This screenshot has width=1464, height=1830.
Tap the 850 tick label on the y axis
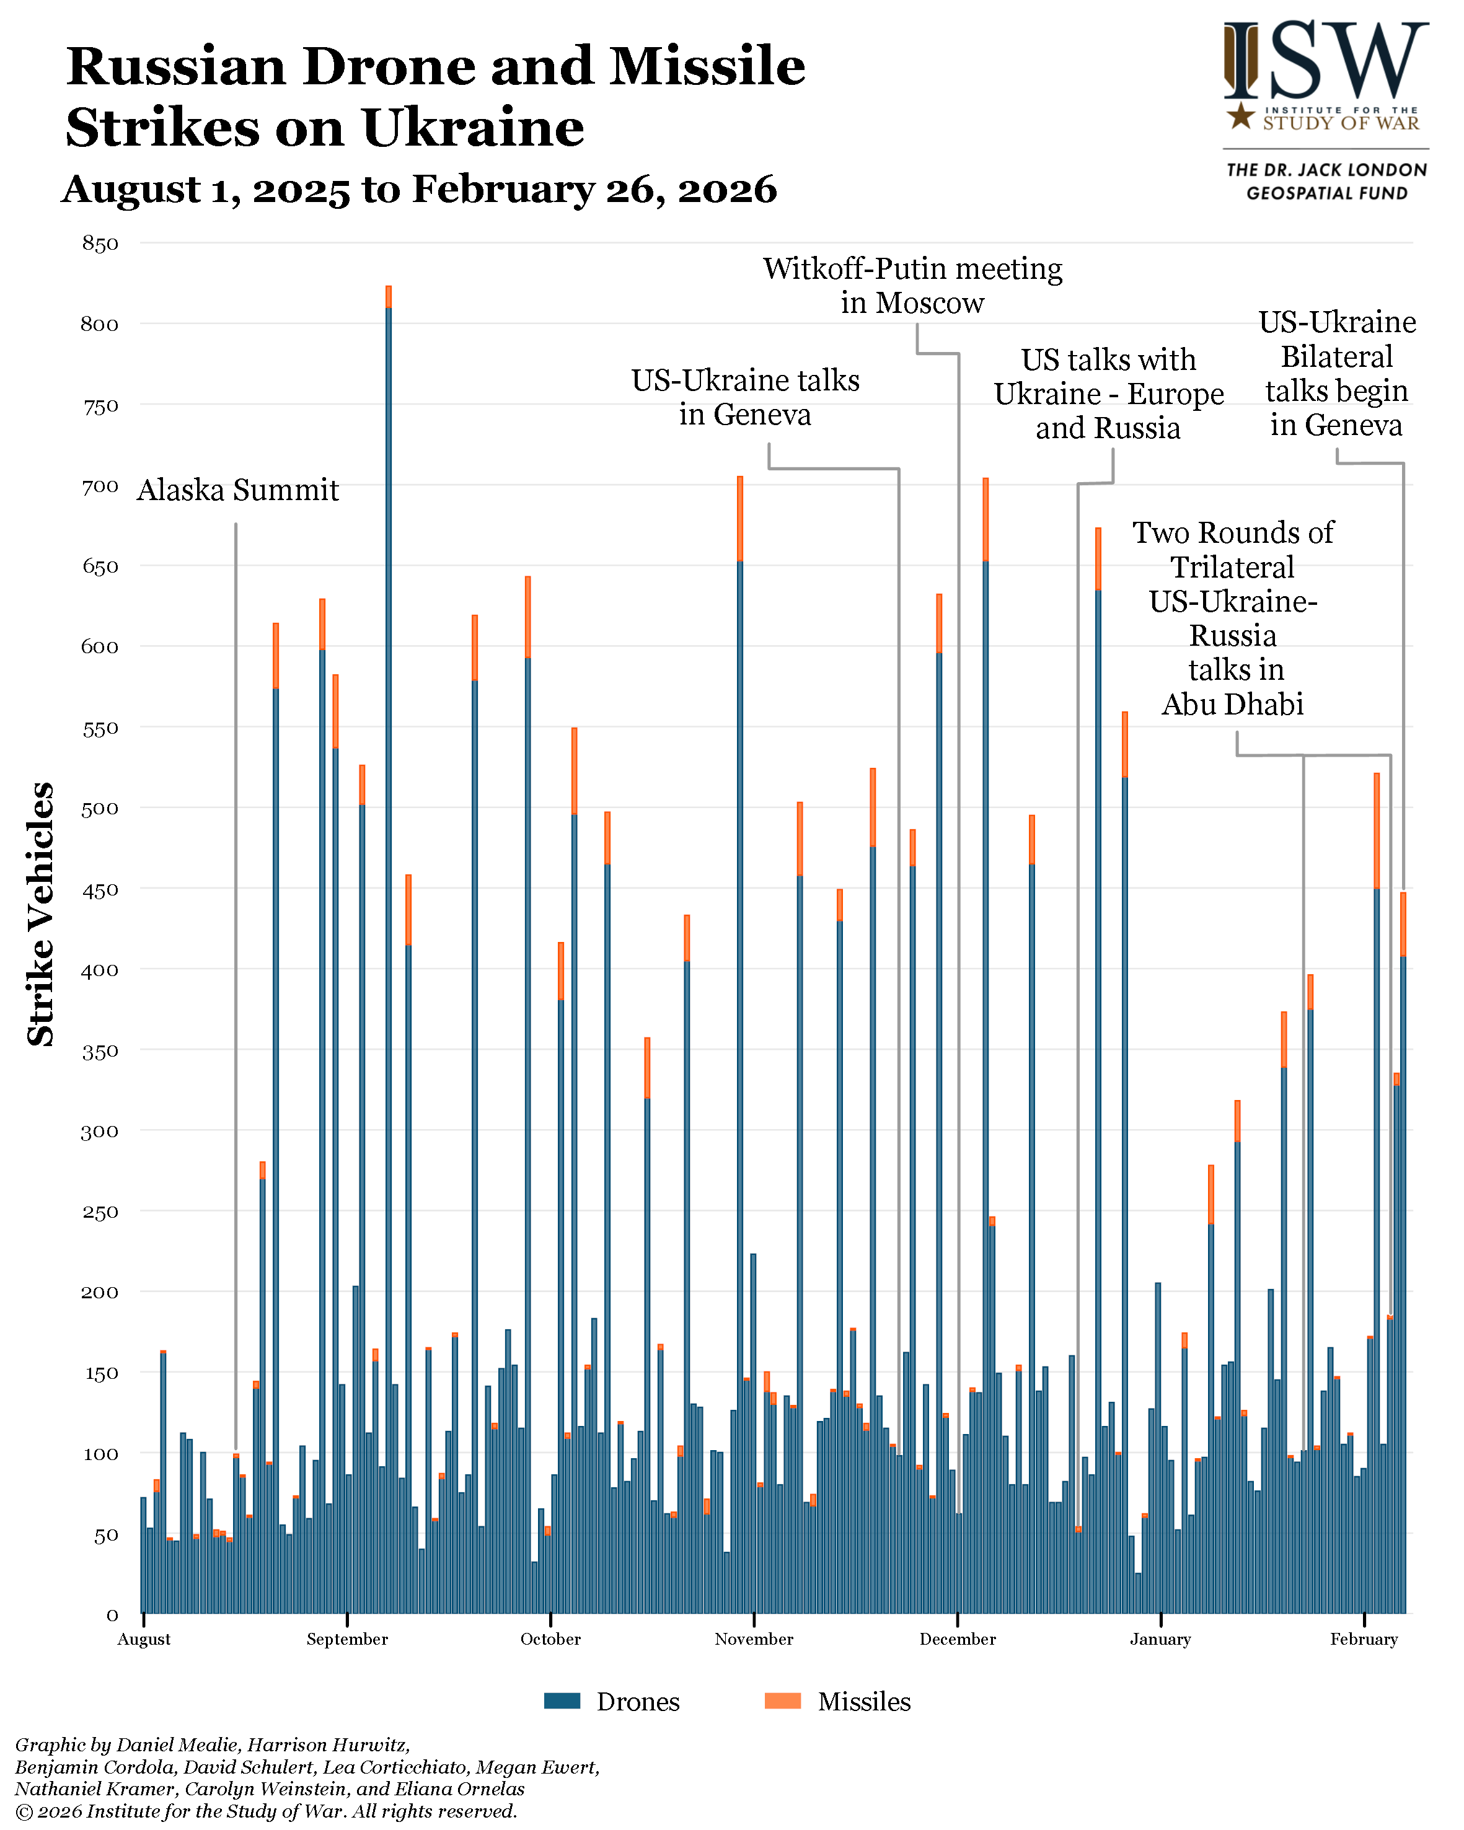(100, 244)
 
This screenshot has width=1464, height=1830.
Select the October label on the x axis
(550, 1639)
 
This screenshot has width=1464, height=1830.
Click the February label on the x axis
(1363, 1639)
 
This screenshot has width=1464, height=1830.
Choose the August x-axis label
(143, 1639)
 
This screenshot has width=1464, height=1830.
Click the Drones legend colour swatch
(562, 1701)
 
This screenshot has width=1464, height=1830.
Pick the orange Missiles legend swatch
(782, 1701)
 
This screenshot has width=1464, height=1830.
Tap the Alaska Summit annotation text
(237, 491)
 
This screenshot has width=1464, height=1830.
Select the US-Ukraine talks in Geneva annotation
(745, 397)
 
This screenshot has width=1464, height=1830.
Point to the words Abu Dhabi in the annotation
(1232, 705)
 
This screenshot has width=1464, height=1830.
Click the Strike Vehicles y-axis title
(41, 914)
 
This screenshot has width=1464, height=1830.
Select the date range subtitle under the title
(419, 189)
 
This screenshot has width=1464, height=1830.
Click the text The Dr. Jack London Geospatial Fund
(1326, 182)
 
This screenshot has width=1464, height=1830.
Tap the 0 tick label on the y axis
(111, 1614)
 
